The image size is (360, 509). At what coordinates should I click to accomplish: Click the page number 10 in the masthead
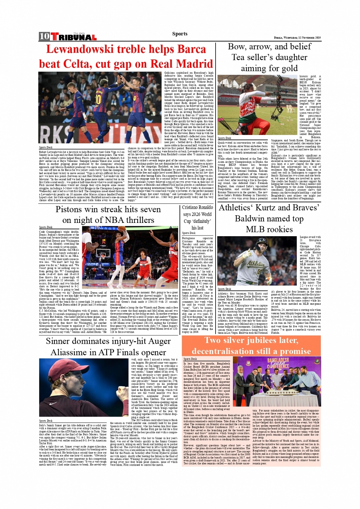(x=44, y=36)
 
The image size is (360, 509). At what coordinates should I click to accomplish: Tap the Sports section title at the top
(x=179, y=34)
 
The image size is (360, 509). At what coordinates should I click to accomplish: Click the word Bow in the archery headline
(x=237, y=46)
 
